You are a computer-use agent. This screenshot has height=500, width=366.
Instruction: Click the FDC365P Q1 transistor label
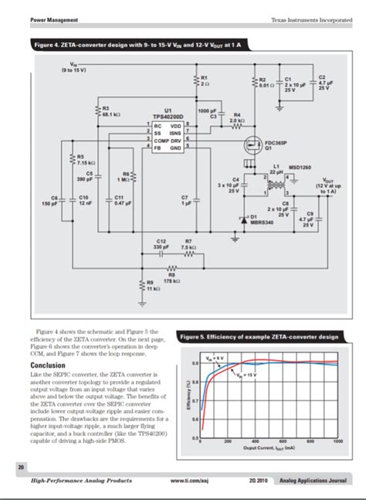coord(274,145)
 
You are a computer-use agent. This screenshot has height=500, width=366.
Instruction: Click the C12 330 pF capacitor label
coord(162,243)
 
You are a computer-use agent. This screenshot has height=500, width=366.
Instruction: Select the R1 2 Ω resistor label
coord(204,80)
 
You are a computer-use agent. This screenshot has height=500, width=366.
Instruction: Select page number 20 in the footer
coord(19,466)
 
